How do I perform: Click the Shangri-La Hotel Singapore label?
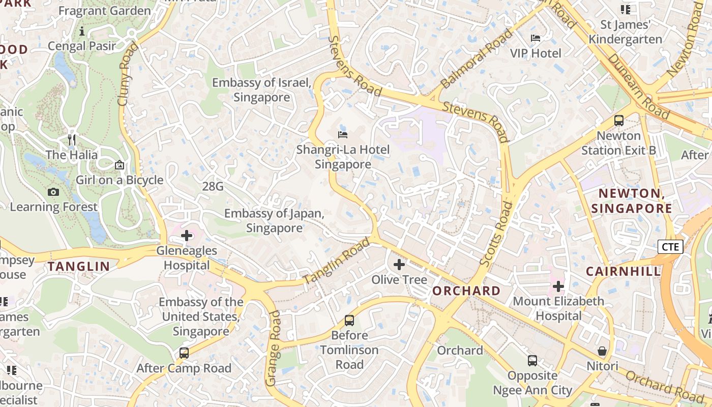pyautogui.click(x=343, y=157)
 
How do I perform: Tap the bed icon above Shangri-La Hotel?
pyautogui.click(x=343, y=135)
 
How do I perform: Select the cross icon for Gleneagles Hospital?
pyautogui.click(x=187, y=236)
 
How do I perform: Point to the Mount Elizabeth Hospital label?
pyautogui.click(x=558, y=309)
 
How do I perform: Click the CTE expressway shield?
pyautogui.click(x=670, y=247)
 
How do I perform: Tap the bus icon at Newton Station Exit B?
pyautogui.click(x=618, y=121)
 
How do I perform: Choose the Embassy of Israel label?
pyautogui.click(x=261, y=90)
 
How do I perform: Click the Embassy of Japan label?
pyautogui.click(x=274, y=221)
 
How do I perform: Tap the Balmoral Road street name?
pyautogui.click(x=477, y=59)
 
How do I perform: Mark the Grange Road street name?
pyautogui.click(x=273, y=348)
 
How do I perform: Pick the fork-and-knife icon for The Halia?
pyautogui.click(x=72, y=140)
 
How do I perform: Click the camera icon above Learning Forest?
pyautogui.click(x=53, y=192)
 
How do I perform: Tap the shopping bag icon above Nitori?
pyautogui.click(x=602, y=351)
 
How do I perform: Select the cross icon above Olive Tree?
pyautogui.click(x=399, y=264)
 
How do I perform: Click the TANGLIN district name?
pyautogui.click(x=79, y=266)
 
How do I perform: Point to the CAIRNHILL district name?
pyautogui.click(x=623, y=271)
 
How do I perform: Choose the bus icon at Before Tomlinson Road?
pyautogui.click(x=349, y=321)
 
